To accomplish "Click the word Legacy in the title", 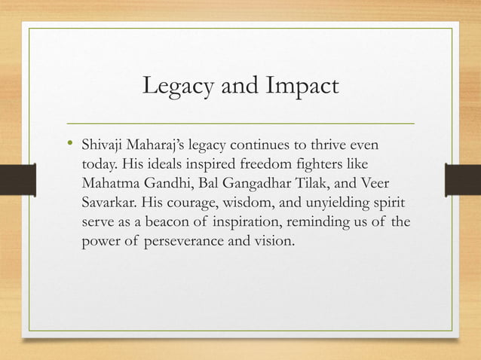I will (x=177, y=87).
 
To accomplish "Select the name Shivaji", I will (x=103, y=144).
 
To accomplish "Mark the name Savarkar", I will (x=108, y=203).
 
